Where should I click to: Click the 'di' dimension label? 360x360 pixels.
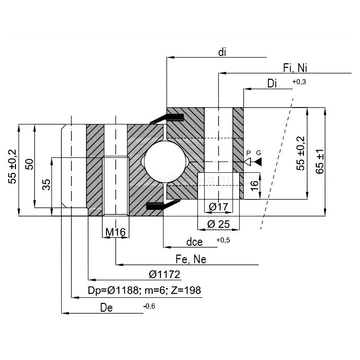222,52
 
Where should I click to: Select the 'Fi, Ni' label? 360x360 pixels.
295,68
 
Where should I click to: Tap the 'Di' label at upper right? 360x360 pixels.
273,84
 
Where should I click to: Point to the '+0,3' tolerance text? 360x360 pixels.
299,82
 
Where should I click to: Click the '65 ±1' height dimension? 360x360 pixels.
320,162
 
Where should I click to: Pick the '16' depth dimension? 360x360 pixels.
254,186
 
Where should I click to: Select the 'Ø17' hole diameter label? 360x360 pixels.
219,207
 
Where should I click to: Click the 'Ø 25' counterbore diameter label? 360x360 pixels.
219,224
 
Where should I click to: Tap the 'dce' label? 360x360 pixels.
194,242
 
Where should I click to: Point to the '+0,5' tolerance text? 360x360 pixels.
223,240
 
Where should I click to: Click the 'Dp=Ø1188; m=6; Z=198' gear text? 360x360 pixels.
145,291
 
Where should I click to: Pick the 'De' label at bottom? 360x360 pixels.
106,308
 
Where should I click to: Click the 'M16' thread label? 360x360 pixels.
115,232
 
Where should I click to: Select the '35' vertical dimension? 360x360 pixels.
46,184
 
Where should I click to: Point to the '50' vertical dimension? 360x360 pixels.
29,165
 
